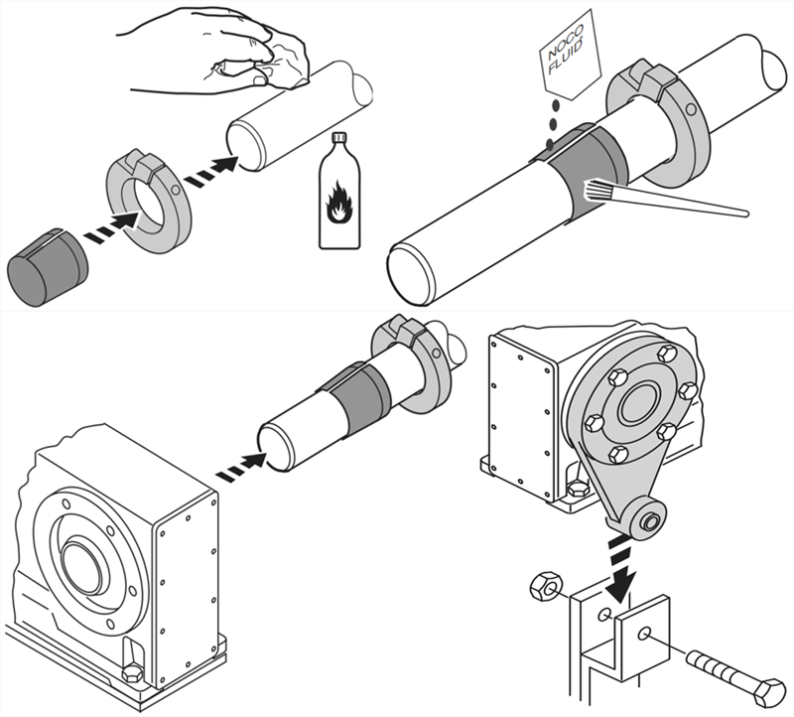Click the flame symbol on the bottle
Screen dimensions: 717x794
[x=337, y=203]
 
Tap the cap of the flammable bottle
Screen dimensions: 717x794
[x=339, y=138]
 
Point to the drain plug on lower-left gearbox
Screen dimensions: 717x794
[x=133, y=671]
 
